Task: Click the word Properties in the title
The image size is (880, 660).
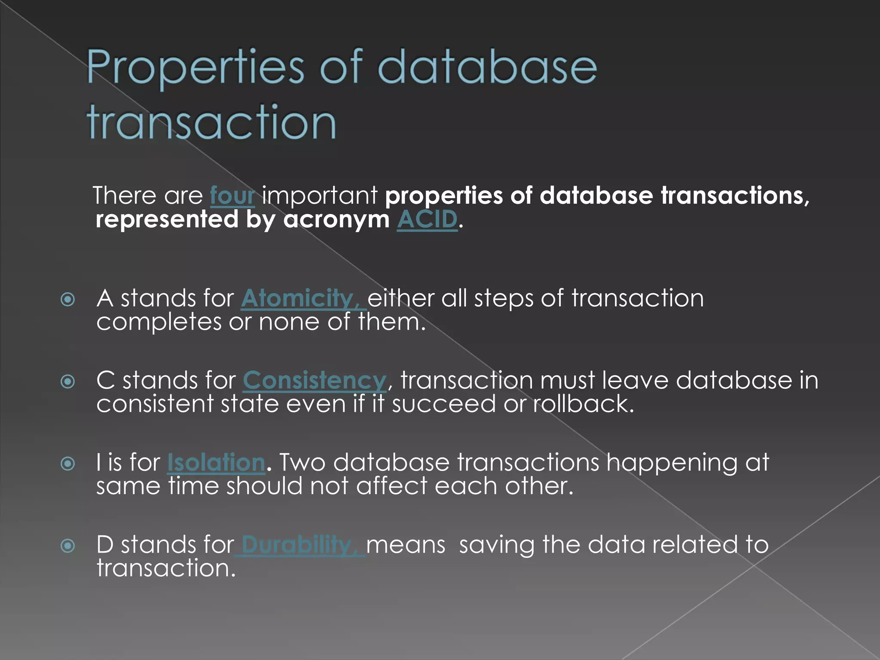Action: [x=196, y=68]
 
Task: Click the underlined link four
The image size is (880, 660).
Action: [x=232, y=196]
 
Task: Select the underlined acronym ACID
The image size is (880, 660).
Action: [x=427, y=220]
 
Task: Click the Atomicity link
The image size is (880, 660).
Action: [x=302, y=298]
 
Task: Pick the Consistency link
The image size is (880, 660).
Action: [x=315, y=380]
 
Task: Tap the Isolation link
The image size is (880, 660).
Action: [x=216, y=463]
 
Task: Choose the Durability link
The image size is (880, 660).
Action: [x=299, y=545]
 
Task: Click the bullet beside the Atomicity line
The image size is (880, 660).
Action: [x=68, y=299]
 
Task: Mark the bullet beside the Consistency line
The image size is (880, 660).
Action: [x=68, y=382]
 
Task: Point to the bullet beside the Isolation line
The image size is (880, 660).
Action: [x=68, y=464]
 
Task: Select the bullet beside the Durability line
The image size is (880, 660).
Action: [x=68, y=546]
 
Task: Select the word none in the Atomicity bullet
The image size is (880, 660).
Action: [x=289, y=322]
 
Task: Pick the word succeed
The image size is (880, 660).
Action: [x=443, y=404]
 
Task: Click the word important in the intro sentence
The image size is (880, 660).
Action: [x=320, y=196]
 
